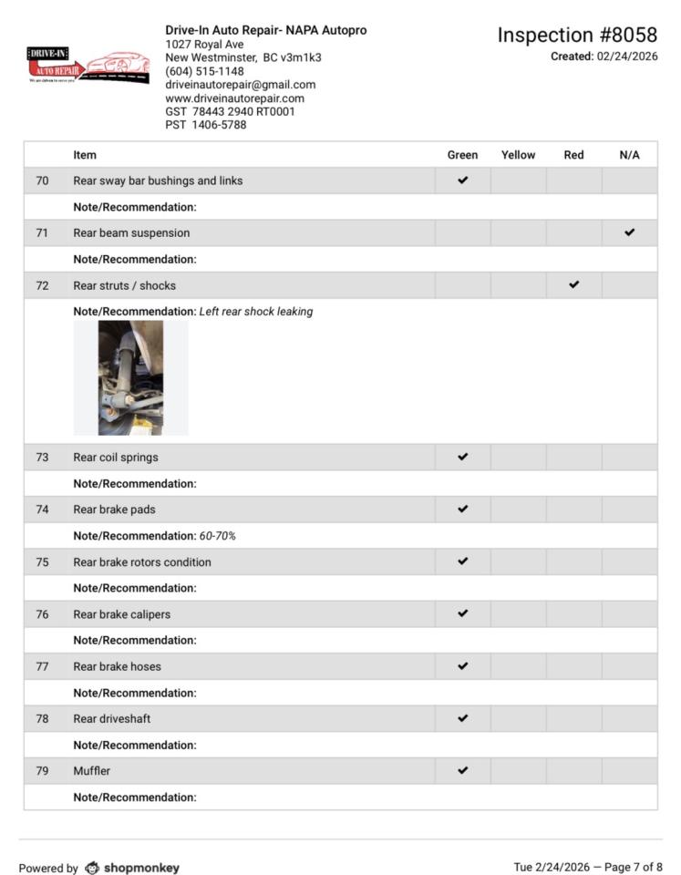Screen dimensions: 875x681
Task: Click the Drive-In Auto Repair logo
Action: click(x=88, y=67)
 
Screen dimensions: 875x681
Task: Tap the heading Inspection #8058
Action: click(x=576, y=36)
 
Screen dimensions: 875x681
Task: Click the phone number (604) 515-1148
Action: click(x=204, y=71)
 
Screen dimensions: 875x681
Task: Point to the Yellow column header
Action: click(x=518, y=155)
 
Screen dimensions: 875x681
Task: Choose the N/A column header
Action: click(x=629, y=155)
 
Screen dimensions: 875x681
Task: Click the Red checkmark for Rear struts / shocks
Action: click(x=573, y=285)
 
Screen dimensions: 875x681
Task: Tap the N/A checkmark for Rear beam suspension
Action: click(x=629, y=232)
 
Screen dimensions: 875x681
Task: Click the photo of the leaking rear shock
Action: click(x=130, y=377)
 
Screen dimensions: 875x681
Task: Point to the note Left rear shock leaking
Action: click(x=256, y=312)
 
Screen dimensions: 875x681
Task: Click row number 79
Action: click(x=42, y=771)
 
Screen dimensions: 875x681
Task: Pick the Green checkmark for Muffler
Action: click(x=462, y=771)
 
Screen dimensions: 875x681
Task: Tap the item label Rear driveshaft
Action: click(x=112, y=719)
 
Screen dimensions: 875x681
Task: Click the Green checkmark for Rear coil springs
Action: click(x=462, y=457)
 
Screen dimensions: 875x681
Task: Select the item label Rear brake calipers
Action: click(x=121, y=614)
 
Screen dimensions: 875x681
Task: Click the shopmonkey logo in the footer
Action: click(x=132, y=868)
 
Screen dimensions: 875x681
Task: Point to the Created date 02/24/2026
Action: click(x=627, y=57)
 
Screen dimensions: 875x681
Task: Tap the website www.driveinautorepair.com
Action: click(x=234, y=98)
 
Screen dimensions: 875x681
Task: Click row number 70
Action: click(x=42, y=180)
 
